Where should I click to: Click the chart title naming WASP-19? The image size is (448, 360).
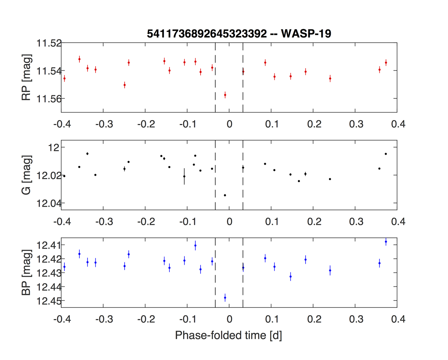pyautogui.click(x=239, y=34)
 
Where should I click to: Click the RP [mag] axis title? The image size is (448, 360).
pyautogui.click(x=27, y=77)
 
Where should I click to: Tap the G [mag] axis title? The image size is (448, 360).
pyautogui.click(x=27, y=175)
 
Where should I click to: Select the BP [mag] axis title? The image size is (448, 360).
pyautogui.click(x=27, y=272)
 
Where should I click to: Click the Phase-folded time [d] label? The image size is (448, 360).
pyautogui.click(x=229, y=335)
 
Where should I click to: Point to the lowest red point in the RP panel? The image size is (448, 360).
pyautogui.click(x=225, y=95)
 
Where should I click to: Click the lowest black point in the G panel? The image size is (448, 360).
pyautogui.click(x=225, y=195)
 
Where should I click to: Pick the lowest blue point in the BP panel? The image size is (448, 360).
pyautogui.click(x=225, y=298)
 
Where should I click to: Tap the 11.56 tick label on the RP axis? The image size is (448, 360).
pyautogui.click(x=49, y=99)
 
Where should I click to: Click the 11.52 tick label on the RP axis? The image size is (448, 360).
pyautogui.click(x=49, y=43)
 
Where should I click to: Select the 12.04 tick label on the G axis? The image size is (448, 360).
pyautogui.click(x=49, y=203)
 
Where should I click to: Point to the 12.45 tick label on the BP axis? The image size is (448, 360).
pyautogui.click(x=49, y=301)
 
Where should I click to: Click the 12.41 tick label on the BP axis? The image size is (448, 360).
pyautogui.click(x=49, y=245)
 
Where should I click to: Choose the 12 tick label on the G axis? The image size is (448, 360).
pyautogui.click(x=55, y=147)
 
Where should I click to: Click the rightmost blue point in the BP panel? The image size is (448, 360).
pyautogui.click(x=386, y=242)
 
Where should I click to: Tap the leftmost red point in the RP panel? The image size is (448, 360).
pyautogui.click(x=64, y=78)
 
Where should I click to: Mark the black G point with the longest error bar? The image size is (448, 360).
pyautogui.click(x=184, y=176)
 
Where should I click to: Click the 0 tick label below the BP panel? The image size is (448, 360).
pyautogui.click(x=229, y=319)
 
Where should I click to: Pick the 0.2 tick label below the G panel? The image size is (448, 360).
pyautogui.click(x=314, y=222)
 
